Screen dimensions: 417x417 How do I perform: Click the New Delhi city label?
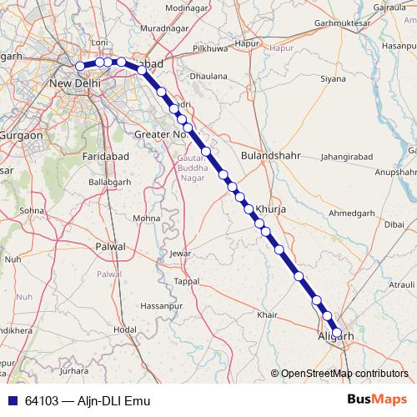pos(76,83)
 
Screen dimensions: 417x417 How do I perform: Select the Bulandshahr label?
pos(267,155)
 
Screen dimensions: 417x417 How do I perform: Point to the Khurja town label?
pos(271,209)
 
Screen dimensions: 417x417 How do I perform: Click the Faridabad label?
pos(104,156)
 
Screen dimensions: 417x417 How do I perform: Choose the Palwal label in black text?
pos(110,247)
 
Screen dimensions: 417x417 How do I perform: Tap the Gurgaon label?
pos(22,134)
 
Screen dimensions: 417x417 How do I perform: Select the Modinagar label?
pos(186,8)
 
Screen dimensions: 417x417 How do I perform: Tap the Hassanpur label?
pos(161,307)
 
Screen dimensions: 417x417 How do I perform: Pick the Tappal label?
pos(187,282)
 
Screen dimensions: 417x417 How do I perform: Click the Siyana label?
pos(333,79)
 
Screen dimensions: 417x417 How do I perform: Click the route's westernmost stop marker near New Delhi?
pos(80,66)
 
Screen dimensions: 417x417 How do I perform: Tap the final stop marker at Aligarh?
pos(337,333)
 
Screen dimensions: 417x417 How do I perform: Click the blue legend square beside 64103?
pos(12,400)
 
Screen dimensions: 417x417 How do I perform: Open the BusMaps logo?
pos(377,399)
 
